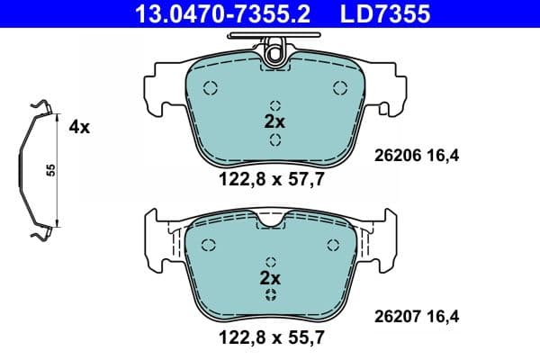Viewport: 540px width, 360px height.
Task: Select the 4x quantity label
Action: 79,127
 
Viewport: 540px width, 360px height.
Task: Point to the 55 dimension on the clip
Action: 52,171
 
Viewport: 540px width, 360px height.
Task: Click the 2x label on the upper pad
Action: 273,121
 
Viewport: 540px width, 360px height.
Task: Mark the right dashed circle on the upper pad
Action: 340,87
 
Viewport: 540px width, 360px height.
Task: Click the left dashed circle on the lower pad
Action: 209,245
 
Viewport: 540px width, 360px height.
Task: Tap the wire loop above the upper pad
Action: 274,41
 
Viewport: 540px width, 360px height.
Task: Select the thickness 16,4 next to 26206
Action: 443,155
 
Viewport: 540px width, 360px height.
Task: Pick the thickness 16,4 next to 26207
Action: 443,316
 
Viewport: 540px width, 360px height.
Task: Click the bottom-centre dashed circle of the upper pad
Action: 275,139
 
